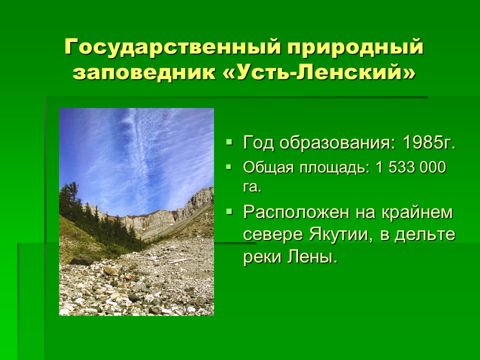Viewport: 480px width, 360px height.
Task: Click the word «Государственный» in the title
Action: (172, 47)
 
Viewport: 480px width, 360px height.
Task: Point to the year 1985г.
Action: (429, 142)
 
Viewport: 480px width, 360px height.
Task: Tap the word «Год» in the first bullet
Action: (258, 142)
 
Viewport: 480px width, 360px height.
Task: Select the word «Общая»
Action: (268, 168)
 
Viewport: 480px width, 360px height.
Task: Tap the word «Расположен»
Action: (296, 212)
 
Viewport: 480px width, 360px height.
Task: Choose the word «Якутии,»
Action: (341, 235)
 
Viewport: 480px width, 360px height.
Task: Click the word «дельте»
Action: (425, 235)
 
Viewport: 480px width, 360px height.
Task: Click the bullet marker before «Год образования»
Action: (229, 142)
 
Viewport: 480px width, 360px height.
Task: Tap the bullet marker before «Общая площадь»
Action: (229, 167)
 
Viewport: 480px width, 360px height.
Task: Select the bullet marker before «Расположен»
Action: (229, 211)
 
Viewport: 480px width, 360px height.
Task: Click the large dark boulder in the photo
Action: (81, 260)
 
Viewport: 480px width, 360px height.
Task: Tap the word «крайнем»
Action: (417, 212)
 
